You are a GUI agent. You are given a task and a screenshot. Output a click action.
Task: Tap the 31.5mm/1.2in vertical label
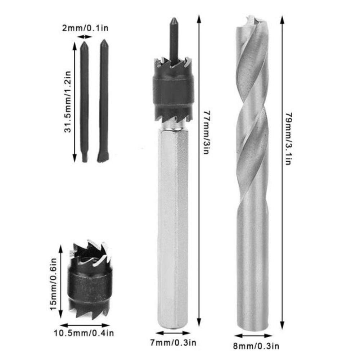[x=67, y=102]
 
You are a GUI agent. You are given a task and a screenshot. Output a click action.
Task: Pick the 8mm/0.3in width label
[x=256, y=347]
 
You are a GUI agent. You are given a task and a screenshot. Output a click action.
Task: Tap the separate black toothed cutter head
[x=88, y=281]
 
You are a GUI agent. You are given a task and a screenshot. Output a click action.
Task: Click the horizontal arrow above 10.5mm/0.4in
[x=85, y=324]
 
